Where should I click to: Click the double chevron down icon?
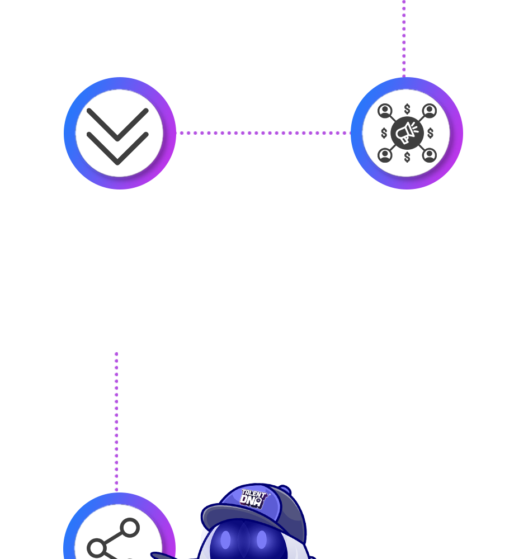pos(119,134)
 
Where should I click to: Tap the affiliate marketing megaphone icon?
pos(407,134)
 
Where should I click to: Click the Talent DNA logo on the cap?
pos(254,497)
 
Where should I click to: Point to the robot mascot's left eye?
pos(225,540)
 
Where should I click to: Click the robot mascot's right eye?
pos(262,540)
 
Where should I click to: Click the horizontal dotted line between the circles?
pos(263,133)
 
